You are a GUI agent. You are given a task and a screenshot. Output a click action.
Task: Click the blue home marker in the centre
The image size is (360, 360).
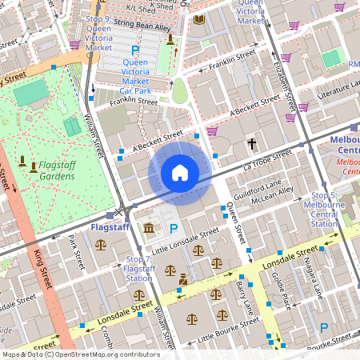(x=180, y=173)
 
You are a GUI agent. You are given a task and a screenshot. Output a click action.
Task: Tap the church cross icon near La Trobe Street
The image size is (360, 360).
(x=252, y=144)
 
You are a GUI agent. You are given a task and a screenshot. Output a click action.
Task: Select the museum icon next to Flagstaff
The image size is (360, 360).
(x=150, y=230)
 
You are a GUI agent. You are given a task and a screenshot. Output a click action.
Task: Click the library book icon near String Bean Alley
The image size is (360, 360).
(x=198, y=19)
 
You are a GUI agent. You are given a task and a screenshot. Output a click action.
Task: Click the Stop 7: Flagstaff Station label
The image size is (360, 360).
(x=139, y=269)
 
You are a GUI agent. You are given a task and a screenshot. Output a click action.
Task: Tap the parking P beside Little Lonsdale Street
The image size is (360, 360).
(x=174, y=230)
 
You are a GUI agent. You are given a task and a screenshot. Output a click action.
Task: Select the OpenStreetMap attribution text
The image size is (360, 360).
(x=80, y=354)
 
